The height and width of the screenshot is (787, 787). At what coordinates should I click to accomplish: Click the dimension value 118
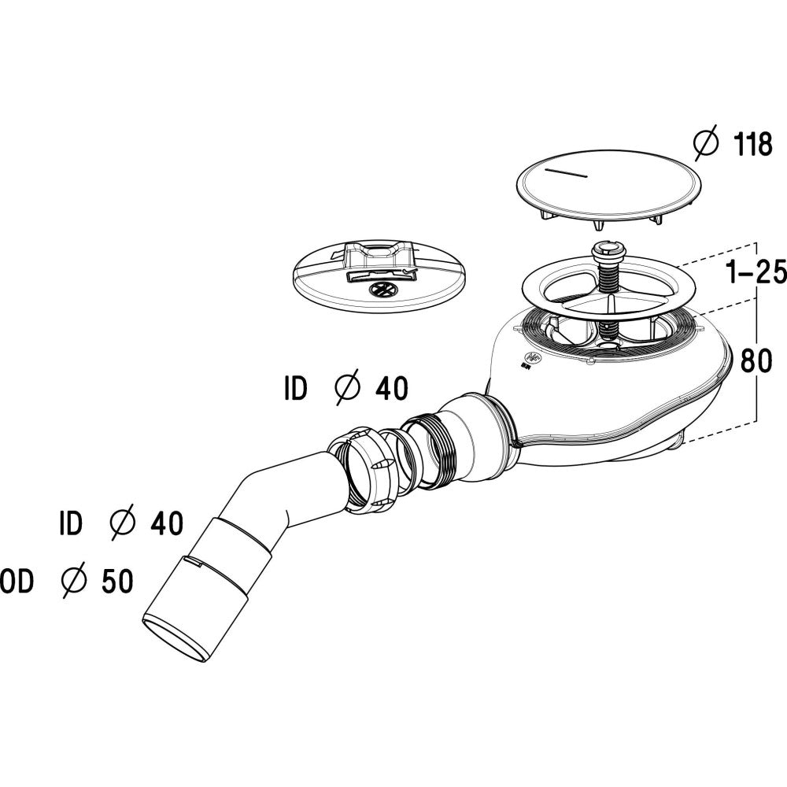point(753,145)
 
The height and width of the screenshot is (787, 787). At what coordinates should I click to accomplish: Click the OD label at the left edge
point(16,582)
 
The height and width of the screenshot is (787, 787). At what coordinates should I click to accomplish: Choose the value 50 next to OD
point(117,582)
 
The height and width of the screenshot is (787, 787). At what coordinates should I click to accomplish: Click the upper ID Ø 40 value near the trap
point(392,389)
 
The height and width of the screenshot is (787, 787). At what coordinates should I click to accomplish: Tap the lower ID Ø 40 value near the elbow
point(167,523)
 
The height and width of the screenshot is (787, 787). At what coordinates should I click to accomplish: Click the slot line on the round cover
point(567,172)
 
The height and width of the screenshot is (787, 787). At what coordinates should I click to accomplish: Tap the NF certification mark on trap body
point(530,360)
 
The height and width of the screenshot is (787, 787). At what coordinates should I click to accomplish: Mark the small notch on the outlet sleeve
point(194,561)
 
